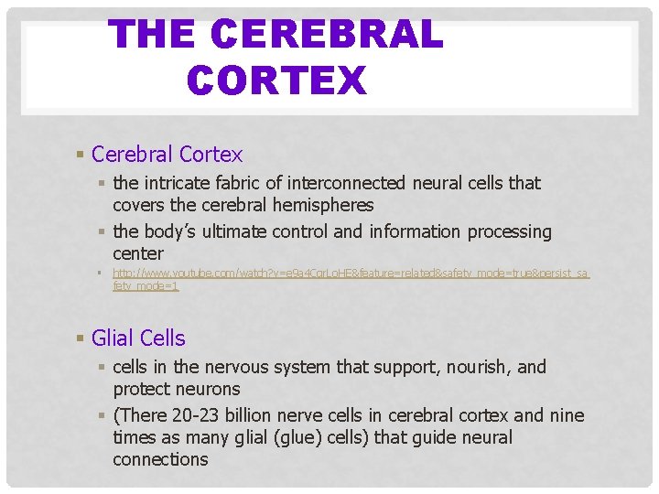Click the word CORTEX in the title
[x=276, y=80]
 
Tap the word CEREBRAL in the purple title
[x=326, y=35]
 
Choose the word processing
[x=510, y=231]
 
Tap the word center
[x=138, y=253]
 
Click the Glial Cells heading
[x=138, y=338]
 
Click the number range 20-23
[x=199, y=415]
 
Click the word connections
[x=160, y=459]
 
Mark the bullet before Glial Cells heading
[x=81, y=338]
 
